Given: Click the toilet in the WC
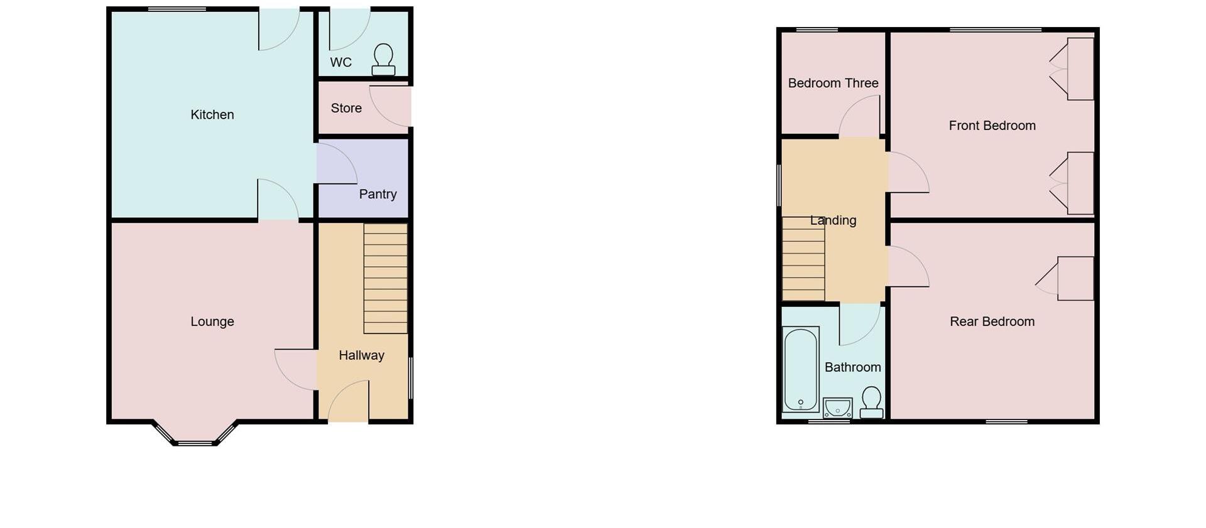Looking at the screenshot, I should (383, 60).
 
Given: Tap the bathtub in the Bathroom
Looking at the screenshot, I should (801, 369).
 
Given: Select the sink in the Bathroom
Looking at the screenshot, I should (837, 408).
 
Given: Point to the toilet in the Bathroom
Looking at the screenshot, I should (871, 402).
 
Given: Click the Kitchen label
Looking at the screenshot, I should (212, 115).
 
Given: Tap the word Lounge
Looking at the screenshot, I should (212, 322).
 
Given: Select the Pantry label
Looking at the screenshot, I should (378, 195).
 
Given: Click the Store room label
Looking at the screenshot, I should (346, 109).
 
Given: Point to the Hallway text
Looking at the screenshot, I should (361, 356).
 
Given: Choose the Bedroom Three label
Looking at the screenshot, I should (833, 84).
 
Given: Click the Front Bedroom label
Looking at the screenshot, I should (992, 126).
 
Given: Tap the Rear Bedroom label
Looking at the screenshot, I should (992, 322).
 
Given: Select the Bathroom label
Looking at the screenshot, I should (852, 368).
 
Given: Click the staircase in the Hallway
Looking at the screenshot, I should (386, 278).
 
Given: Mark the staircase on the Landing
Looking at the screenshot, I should (803, 259).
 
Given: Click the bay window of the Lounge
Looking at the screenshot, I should (195, 437).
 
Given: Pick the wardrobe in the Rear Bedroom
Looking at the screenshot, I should (1075, 278).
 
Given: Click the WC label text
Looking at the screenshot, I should (340, 63).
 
